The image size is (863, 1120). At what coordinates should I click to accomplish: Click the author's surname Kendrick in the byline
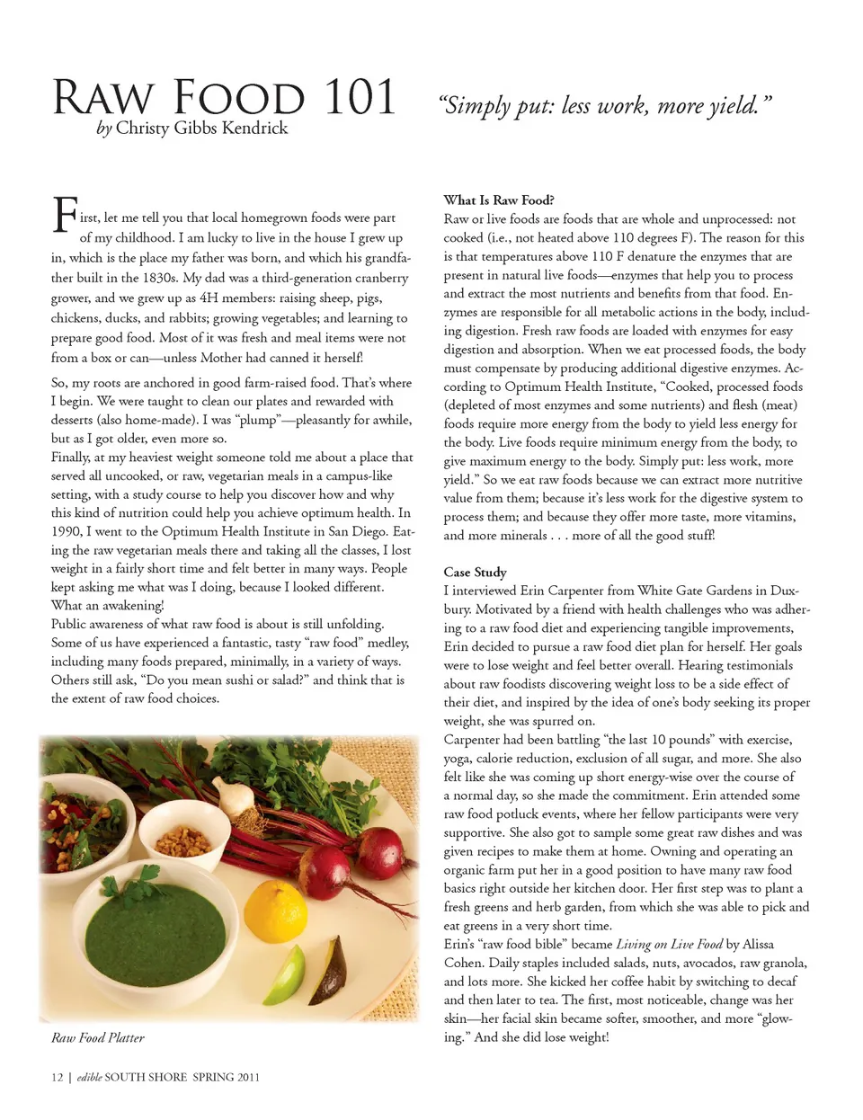pyautogui.click(x=254, y=128)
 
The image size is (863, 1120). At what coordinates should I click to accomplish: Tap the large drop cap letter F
pyautogui.click(x=64, y=216)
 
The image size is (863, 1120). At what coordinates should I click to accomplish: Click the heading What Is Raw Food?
pyautogui.click(x=499, y=200)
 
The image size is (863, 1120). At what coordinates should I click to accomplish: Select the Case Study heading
pyautogui.click(x=475, y=572)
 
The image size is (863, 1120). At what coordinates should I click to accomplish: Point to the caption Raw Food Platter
pyautogui.click(x=98, y=1037)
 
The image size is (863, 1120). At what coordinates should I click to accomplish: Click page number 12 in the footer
pyautogui.click(x=57, y=1077)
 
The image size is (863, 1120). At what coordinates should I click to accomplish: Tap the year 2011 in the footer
pyautogui.click(x=248, y=1077)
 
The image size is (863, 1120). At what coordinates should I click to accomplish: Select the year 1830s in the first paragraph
pyautogui.click(x=159, y=278)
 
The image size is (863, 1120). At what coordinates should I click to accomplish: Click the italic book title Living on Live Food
pyautogui.click(x=669, y=944)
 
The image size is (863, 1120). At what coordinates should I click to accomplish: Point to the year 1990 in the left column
pyautogui.click(x=67, y=531)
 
